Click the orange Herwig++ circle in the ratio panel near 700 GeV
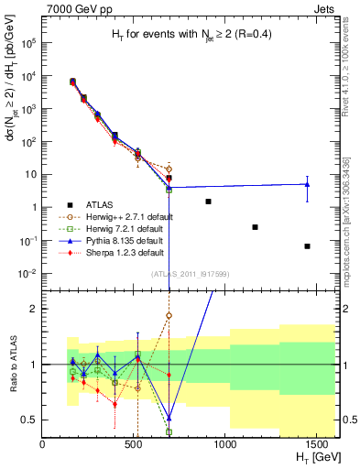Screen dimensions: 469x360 pos(169,315)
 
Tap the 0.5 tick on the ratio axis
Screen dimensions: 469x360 pos(30,420)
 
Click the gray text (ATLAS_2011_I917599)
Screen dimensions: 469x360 pos(190,276)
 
